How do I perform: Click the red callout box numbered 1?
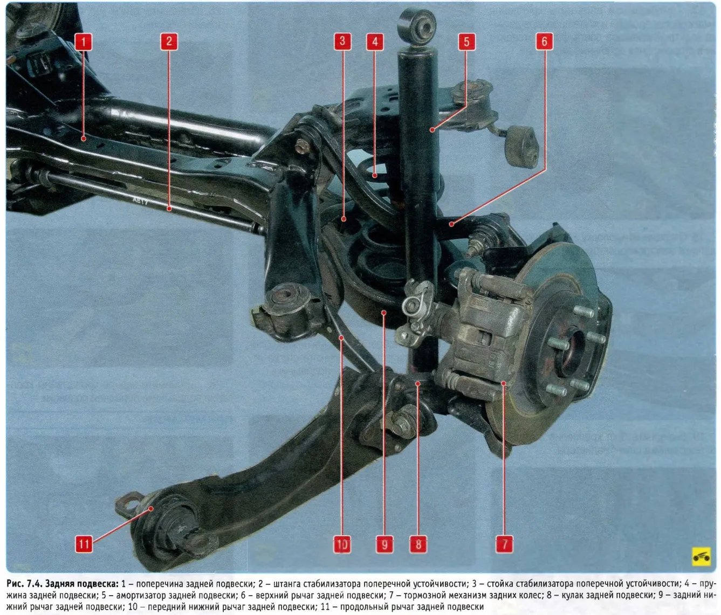[x=84, y=42]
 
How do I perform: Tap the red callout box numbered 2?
[x=169, y=42]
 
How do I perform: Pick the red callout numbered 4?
[x=375, y=42]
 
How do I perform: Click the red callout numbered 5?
[x=466, y=42]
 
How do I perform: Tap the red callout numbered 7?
[x=504, y=544]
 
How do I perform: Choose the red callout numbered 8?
[x=418, y=544]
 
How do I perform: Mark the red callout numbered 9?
[x=384, y=544]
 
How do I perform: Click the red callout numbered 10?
[x=342, y=544]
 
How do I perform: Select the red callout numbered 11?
[x=84, y=544]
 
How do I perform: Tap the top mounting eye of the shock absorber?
[x=417, y=26]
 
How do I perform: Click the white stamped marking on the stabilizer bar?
[x=141, y=201]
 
